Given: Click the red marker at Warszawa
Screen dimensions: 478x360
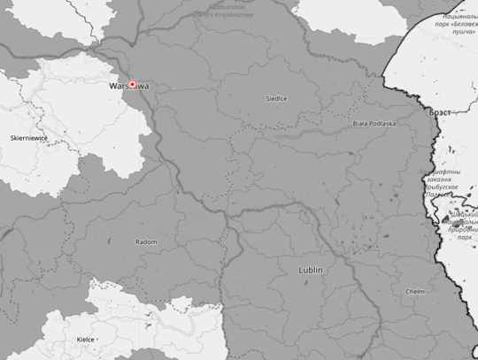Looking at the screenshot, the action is tap(133, 85).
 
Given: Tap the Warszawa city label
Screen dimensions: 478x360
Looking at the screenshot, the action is tap(128, 87).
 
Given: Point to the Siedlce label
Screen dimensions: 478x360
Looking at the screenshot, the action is tap(276, 99).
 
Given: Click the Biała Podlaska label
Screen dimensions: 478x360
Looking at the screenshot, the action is tap(374, 124).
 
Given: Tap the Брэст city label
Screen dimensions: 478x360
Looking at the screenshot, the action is tap(440, 113).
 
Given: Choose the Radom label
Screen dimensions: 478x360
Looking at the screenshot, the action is tap(145, 241).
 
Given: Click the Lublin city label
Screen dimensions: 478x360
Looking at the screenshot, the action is tap(311, 269).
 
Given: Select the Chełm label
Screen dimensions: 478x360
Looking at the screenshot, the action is tap(415, 291).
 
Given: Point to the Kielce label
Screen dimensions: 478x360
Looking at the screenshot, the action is tap(86, 339).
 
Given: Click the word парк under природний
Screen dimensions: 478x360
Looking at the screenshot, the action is tap(465, 237).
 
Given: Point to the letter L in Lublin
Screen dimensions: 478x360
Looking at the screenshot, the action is tap(302, 269).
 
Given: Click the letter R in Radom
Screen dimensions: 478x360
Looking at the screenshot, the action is tap(137, 241).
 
